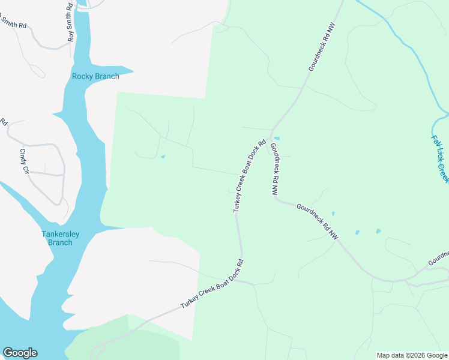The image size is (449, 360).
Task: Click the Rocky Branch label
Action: (x=95, y=76)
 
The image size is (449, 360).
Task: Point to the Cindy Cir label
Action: (x=25, y=161)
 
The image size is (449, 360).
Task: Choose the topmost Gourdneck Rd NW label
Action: (x=321, y=47)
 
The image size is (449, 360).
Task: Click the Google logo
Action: (x=20, y=353)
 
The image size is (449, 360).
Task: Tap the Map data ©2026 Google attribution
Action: (x=412, y=355)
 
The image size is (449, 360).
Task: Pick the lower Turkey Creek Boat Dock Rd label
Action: (x=214, y=284)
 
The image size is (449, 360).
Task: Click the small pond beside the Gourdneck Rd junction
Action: (x=277, y=138)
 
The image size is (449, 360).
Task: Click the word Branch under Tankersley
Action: (x=58, y=242)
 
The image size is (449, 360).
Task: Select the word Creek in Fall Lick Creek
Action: (x=443, y=173)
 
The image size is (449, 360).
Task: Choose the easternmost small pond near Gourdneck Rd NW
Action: (x=378, y=231)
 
